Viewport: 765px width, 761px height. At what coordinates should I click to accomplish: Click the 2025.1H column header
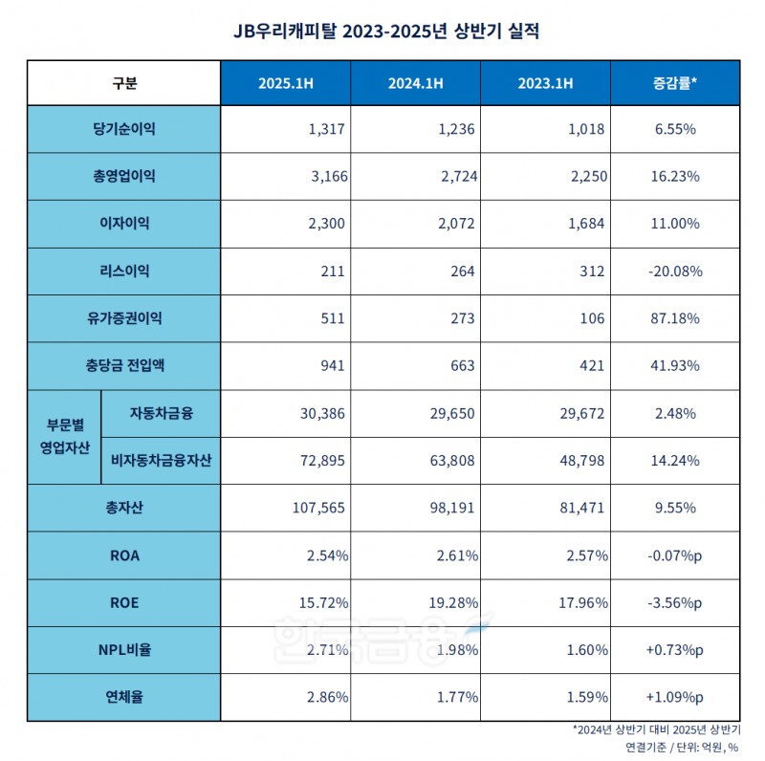(286, 83)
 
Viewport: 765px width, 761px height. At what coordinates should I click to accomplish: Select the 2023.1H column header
(546, 83)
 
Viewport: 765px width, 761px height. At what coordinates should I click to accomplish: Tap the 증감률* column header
(674, 83)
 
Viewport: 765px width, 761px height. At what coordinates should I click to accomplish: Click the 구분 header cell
(124, 83)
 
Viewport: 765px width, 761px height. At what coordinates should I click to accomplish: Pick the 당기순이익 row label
(124, 129)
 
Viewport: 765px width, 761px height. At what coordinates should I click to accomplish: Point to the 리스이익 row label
(124, 272)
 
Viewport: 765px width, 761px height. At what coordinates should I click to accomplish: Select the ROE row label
(124, 603)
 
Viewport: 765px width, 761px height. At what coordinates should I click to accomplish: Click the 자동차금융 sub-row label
(160, 414)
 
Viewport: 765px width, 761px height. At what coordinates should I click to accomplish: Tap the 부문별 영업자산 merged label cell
(64, 437)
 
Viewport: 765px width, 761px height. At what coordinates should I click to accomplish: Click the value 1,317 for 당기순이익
(325, 130)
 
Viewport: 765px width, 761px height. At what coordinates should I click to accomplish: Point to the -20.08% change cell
(674, 272)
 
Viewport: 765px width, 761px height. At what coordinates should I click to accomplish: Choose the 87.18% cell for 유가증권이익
(674, 318)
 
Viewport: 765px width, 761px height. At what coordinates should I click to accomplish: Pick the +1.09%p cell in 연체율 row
(674, 698)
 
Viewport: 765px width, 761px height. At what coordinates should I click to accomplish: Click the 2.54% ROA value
(325, 555)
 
